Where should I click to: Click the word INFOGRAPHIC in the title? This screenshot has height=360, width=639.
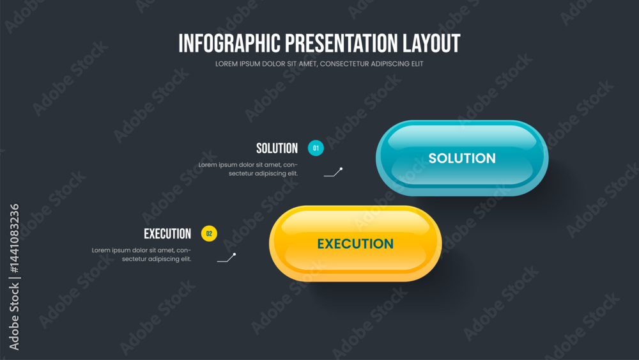pos(229,43)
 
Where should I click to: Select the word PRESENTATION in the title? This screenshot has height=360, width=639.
pos(341,43)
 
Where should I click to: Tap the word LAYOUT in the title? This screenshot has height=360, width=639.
pos(431,43)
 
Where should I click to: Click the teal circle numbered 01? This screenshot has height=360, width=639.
pos(316,148)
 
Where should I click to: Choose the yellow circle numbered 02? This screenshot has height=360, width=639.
pos(209,233)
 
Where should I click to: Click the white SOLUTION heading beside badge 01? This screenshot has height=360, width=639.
pos(277,148)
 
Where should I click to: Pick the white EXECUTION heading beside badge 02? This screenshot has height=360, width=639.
pos(167,233)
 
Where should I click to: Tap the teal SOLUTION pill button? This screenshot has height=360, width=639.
pos(462,158)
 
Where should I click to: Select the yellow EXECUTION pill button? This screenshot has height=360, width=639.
pos(355,244)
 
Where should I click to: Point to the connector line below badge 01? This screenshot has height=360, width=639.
pos(334,173)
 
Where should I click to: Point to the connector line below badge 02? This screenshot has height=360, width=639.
pos(227,258)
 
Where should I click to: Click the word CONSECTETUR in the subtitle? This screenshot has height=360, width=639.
pos(344,64)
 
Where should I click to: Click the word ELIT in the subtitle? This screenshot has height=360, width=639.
pos(417,64)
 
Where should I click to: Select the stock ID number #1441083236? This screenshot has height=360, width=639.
pos(14,239)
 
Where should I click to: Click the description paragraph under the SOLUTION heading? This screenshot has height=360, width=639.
pos(248,169)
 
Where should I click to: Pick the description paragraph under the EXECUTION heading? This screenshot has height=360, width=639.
pos(141,254)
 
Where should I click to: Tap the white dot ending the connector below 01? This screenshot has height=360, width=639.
pos(341,169)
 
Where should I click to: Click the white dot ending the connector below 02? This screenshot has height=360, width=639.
pos(235,254)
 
